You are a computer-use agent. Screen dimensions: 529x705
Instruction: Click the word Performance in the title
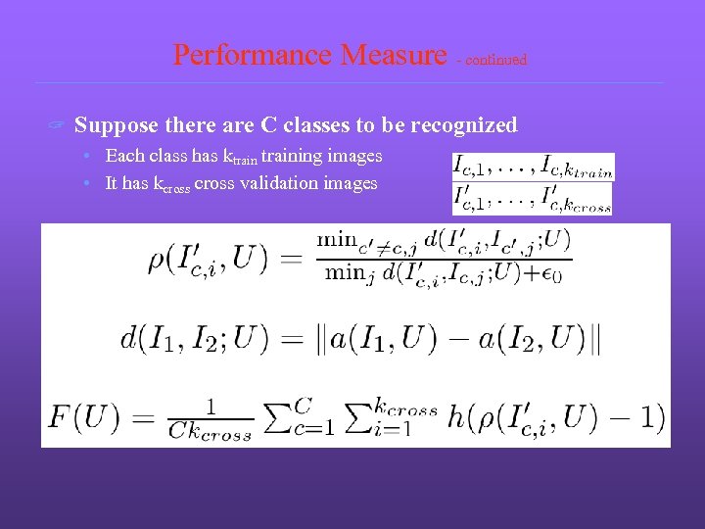(x=254, y=55)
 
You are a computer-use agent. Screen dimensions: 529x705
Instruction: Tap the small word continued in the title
(x=495, y=60)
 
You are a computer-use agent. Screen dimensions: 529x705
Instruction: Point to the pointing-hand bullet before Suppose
(x=58, y=125)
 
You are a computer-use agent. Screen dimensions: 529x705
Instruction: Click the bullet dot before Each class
(x=87, y=157)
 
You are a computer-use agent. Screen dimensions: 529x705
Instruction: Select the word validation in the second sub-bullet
(x=274, y=183)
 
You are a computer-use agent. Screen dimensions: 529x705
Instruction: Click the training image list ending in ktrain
(x=532, y=166)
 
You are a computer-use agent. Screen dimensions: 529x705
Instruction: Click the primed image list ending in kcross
(x=532, y=199)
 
